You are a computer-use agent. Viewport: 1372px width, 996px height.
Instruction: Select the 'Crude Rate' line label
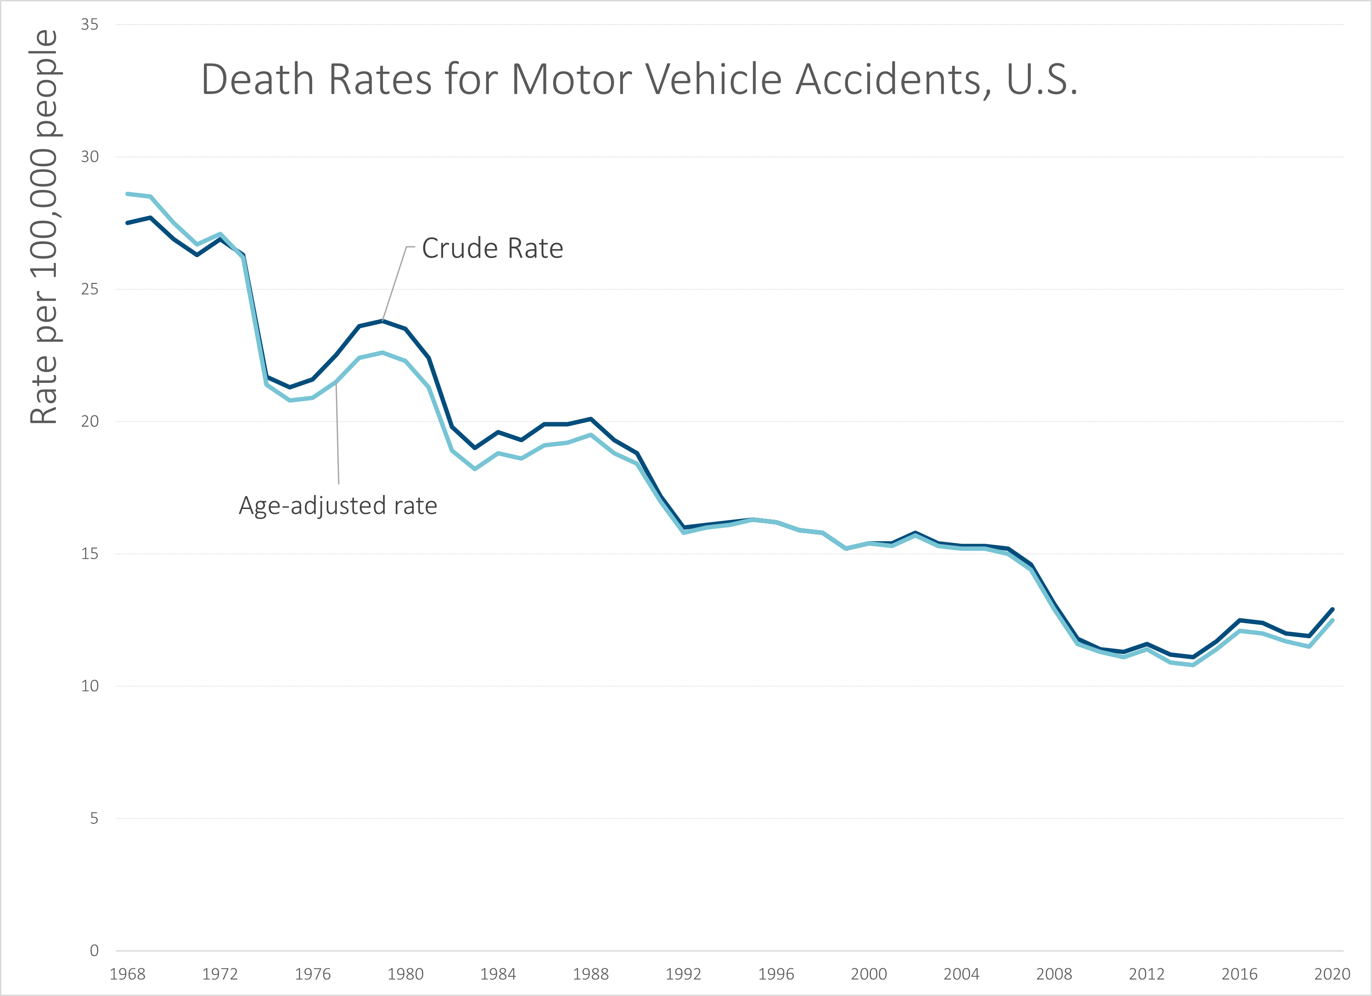(492, 248)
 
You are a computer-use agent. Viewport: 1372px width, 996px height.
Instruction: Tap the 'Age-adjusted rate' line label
(338, 505)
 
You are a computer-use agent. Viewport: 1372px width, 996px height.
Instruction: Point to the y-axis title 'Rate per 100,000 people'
(44, 227)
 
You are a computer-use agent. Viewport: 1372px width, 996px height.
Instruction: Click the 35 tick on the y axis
(90, 25)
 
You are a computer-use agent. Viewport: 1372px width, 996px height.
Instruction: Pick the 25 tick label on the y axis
(90, 289)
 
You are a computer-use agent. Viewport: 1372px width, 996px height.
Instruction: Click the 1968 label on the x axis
(127, 974)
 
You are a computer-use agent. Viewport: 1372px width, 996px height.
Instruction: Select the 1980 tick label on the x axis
(405, 974)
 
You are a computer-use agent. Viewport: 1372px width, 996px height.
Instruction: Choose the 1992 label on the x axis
(684, 974)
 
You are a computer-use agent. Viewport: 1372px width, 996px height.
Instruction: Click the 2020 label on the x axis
(1332, 974)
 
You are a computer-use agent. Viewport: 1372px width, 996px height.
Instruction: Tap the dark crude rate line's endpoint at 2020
(1332, 610)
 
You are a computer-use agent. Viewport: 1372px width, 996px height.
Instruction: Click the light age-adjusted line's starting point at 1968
(127, 193)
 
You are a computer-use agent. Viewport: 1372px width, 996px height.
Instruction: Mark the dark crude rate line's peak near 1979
(382, 320)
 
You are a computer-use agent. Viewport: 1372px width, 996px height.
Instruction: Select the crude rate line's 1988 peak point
(591, 418)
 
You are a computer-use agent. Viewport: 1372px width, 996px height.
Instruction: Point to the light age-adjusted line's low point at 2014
(1193, 665)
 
